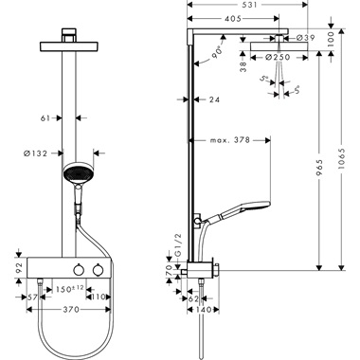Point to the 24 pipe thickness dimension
pyautogui.click(x=216, y=98)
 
